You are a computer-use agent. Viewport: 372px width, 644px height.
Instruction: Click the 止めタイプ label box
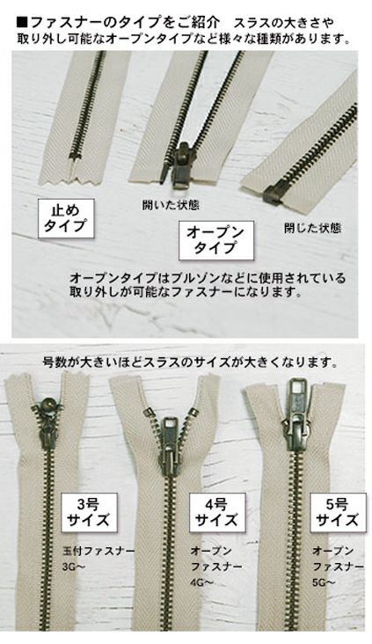click(66, 217)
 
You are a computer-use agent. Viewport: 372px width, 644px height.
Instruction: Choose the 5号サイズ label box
click(334, 512)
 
